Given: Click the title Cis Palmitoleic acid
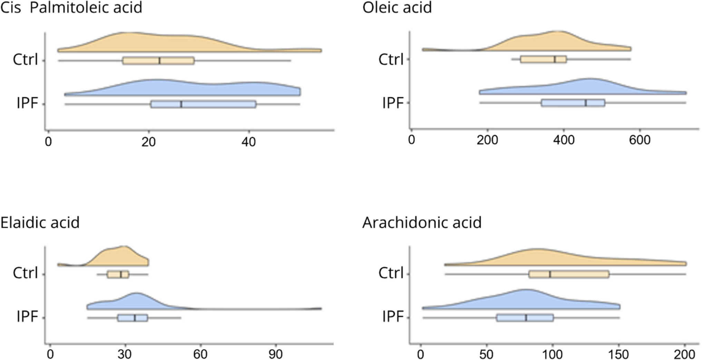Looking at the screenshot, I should click(71, 8).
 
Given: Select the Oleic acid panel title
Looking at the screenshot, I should click(397, 8).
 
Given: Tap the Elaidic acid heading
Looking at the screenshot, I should click(40, 222).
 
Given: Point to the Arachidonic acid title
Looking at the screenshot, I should click(422, 223).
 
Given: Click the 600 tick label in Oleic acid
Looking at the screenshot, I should click(640, 140).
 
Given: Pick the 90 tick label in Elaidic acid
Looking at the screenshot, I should click(275, 354).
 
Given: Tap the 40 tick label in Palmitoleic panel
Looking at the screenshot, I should click(248, 142).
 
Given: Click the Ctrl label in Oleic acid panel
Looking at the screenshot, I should click(391, 59).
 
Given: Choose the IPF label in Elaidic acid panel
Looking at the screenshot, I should click(27, 317).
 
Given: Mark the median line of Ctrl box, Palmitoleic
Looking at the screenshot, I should click(159, 61).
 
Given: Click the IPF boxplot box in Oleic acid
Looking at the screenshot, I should click(573, 103).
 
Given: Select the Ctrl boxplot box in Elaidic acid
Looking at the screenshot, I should click(118, 274).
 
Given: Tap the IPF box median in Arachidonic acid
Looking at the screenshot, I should click(526, 318).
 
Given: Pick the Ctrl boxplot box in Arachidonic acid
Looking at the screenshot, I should click(568, 274).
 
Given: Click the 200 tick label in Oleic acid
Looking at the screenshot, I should click(487, 140).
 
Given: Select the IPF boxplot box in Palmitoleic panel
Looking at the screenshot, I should click(203, 104).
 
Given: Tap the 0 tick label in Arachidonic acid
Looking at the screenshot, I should click(420, 354).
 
